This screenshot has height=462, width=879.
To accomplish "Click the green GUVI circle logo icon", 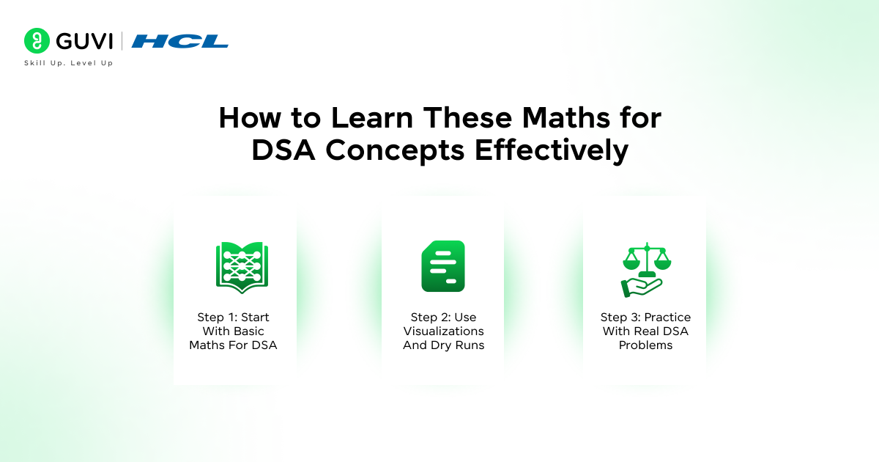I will (x=35, y=40).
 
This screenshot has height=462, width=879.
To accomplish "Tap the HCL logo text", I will (x=180, y=41).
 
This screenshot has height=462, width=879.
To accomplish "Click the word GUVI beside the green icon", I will (x=81, y=41).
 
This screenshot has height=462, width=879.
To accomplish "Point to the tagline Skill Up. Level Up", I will (x=69, y=63).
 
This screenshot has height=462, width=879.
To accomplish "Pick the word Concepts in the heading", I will (x=396, y=150).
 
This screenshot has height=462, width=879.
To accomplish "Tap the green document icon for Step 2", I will (x=443, y=265).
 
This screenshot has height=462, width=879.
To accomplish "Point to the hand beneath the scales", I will (x=640, y=287).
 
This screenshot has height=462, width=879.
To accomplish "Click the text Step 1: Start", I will (x=233, y=318).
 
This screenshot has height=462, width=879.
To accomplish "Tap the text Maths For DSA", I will (x=233, y=345).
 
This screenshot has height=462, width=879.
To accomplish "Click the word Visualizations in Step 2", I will (x=443, y=331).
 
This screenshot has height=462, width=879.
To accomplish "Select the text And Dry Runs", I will (x=443, y=345).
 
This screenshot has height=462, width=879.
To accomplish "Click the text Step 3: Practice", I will (x=645, y=318).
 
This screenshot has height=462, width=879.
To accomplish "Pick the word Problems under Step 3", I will (x=645, y=345).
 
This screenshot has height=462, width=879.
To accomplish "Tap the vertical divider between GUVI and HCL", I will (x=122, y=41).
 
